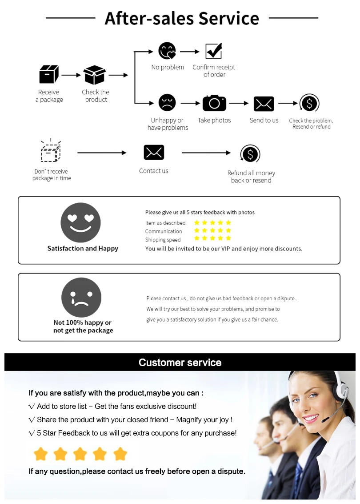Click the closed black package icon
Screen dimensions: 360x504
49,74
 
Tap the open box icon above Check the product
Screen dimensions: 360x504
95,75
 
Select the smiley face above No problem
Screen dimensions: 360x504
167,51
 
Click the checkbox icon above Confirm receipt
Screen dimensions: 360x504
214,51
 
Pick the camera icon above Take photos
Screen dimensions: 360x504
214,103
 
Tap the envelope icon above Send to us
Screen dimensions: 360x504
264,104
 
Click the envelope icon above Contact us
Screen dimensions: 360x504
154,153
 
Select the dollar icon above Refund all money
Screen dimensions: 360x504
251,154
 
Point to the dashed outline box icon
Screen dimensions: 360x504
51,151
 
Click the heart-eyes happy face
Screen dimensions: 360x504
80,222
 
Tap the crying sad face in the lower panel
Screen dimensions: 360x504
81,297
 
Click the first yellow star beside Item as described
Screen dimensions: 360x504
196,222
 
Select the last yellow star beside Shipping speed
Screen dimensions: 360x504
228,238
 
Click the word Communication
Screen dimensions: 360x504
164,231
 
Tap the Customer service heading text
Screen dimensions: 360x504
180,363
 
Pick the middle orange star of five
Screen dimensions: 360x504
80,454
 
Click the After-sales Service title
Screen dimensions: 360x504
182,18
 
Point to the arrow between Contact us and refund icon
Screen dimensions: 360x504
206,153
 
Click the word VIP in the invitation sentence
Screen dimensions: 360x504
226,249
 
